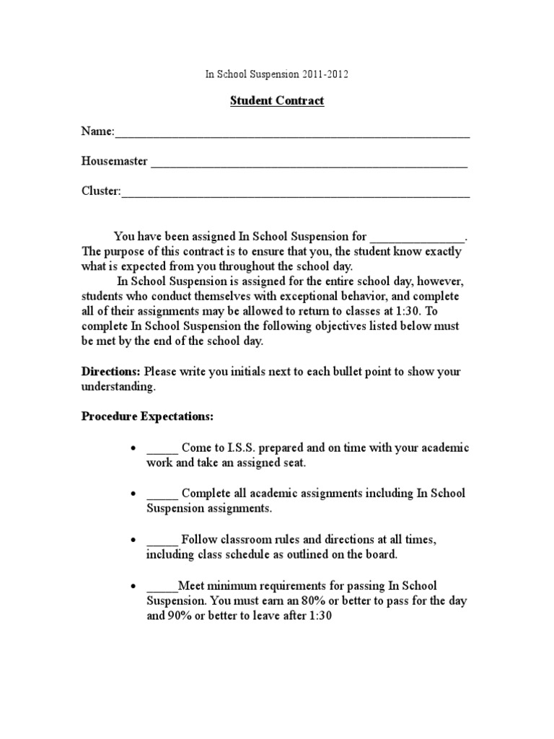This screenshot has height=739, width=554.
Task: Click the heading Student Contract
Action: click(x=277, y=101)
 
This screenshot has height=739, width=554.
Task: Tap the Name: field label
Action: click(x=97, y=131)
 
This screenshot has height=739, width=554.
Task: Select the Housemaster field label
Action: click(x=114, y=162)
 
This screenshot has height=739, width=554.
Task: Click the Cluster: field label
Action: click(x=101, y=191)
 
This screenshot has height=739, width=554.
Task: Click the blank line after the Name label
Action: click(x=292, y=134)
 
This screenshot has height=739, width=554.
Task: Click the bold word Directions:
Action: click(x=111, y=372)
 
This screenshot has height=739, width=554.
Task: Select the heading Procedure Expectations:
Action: click(x=147, y=417)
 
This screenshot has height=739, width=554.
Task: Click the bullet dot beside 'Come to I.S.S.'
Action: click(x=133, y=449)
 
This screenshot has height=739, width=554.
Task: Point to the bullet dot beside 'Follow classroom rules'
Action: click(x=133, y=541)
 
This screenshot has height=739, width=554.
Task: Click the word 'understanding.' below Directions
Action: click(x=118, y=387)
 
